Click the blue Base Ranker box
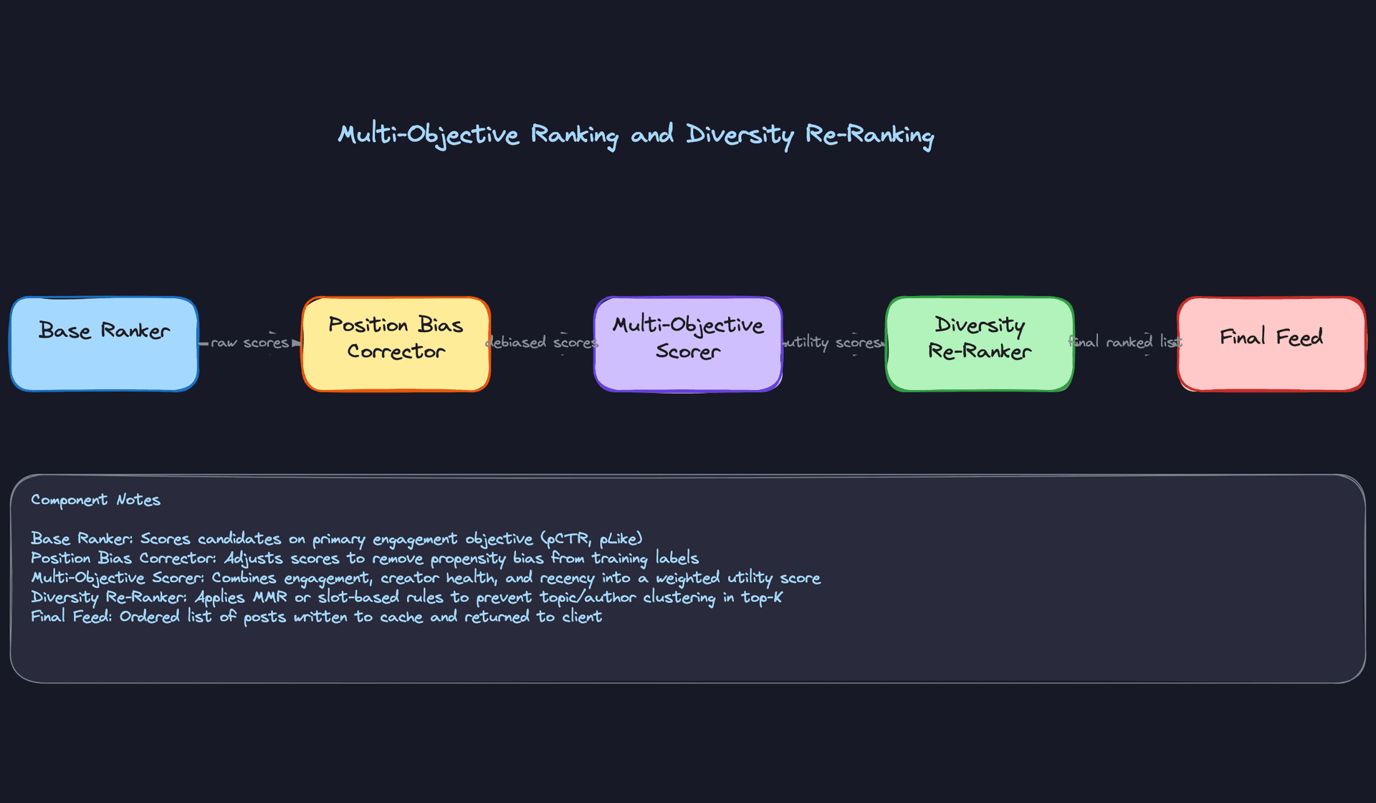point(104,344)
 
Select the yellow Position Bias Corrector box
point(396,344)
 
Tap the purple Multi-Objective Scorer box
point(687,344)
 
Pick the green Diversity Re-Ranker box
point(979,344)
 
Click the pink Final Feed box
point(1271,344)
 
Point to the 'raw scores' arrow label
point(249,343)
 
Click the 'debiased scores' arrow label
point(542,343)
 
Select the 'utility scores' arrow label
point(833,343)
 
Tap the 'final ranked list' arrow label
point(1125,343)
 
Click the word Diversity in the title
point(740,135)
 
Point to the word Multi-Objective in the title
point(428,135)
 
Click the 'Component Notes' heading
point(95,500)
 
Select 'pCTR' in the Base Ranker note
point(568,538)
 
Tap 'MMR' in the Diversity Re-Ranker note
point(269,597)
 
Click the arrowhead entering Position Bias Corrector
point(297,343)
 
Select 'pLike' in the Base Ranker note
point(621,538)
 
